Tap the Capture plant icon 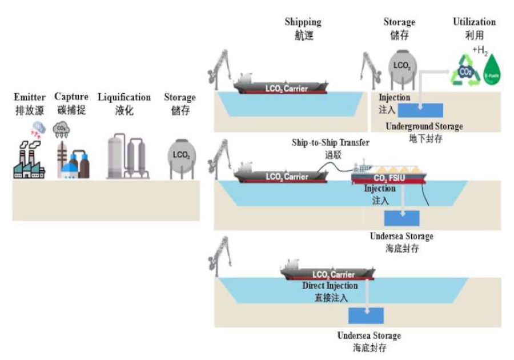[x=73, y=160]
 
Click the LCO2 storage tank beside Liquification [x=180, y=157]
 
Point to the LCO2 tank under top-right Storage [x=401, y=66]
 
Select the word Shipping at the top [x=303, y=22]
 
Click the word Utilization [x=474, y=22]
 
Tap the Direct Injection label [x=330, y=285]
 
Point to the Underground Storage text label [x=424, y=126]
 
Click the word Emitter [x=29, y=97]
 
